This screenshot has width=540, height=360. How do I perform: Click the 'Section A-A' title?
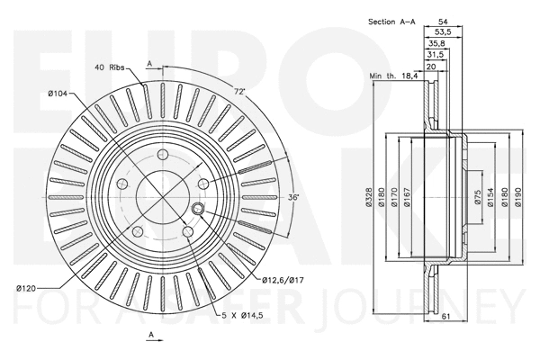tap(392, 21)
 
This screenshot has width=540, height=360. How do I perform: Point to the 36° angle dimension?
tap(292, 197)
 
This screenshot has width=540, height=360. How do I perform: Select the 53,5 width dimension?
tap(442, 31)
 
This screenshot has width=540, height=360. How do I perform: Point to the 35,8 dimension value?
tap(436, 43)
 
